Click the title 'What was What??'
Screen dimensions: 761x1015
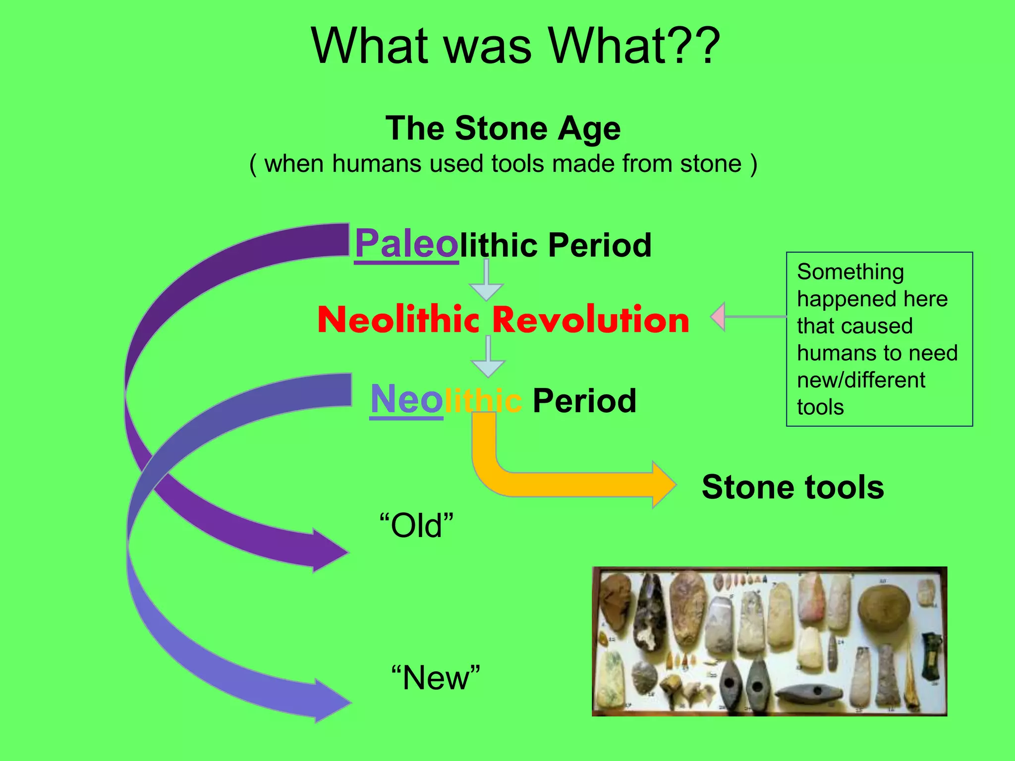tap(515, 46)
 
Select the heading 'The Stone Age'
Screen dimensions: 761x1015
tap(503, 128)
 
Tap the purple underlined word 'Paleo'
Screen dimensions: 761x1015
tap(406, 244)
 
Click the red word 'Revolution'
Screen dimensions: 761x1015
tap(591, 320)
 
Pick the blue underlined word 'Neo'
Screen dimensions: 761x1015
tap(406, 399)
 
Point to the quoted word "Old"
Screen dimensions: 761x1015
tap(416, 526)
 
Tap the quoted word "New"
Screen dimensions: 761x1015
tap(436, 678)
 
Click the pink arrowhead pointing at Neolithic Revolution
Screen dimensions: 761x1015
tap(719, 317)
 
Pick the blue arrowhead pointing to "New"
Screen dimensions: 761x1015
tap(331, 702)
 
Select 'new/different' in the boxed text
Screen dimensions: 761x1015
tap(861, 380)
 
